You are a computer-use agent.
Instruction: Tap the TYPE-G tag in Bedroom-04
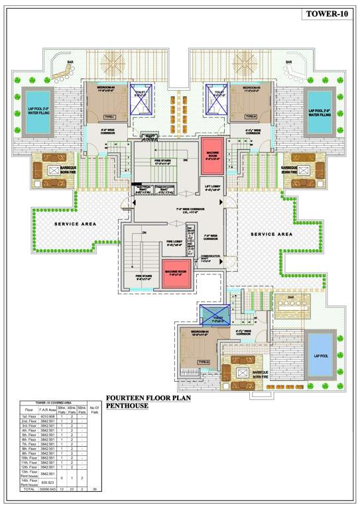click(x=204, y=361)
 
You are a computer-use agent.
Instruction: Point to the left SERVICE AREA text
click(x=76, y=224)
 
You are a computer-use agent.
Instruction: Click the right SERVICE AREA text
click(x=271, y=234)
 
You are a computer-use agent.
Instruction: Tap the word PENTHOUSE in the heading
click(x=128, y=406)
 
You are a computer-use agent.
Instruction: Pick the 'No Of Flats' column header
click(x=93, y=410)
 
